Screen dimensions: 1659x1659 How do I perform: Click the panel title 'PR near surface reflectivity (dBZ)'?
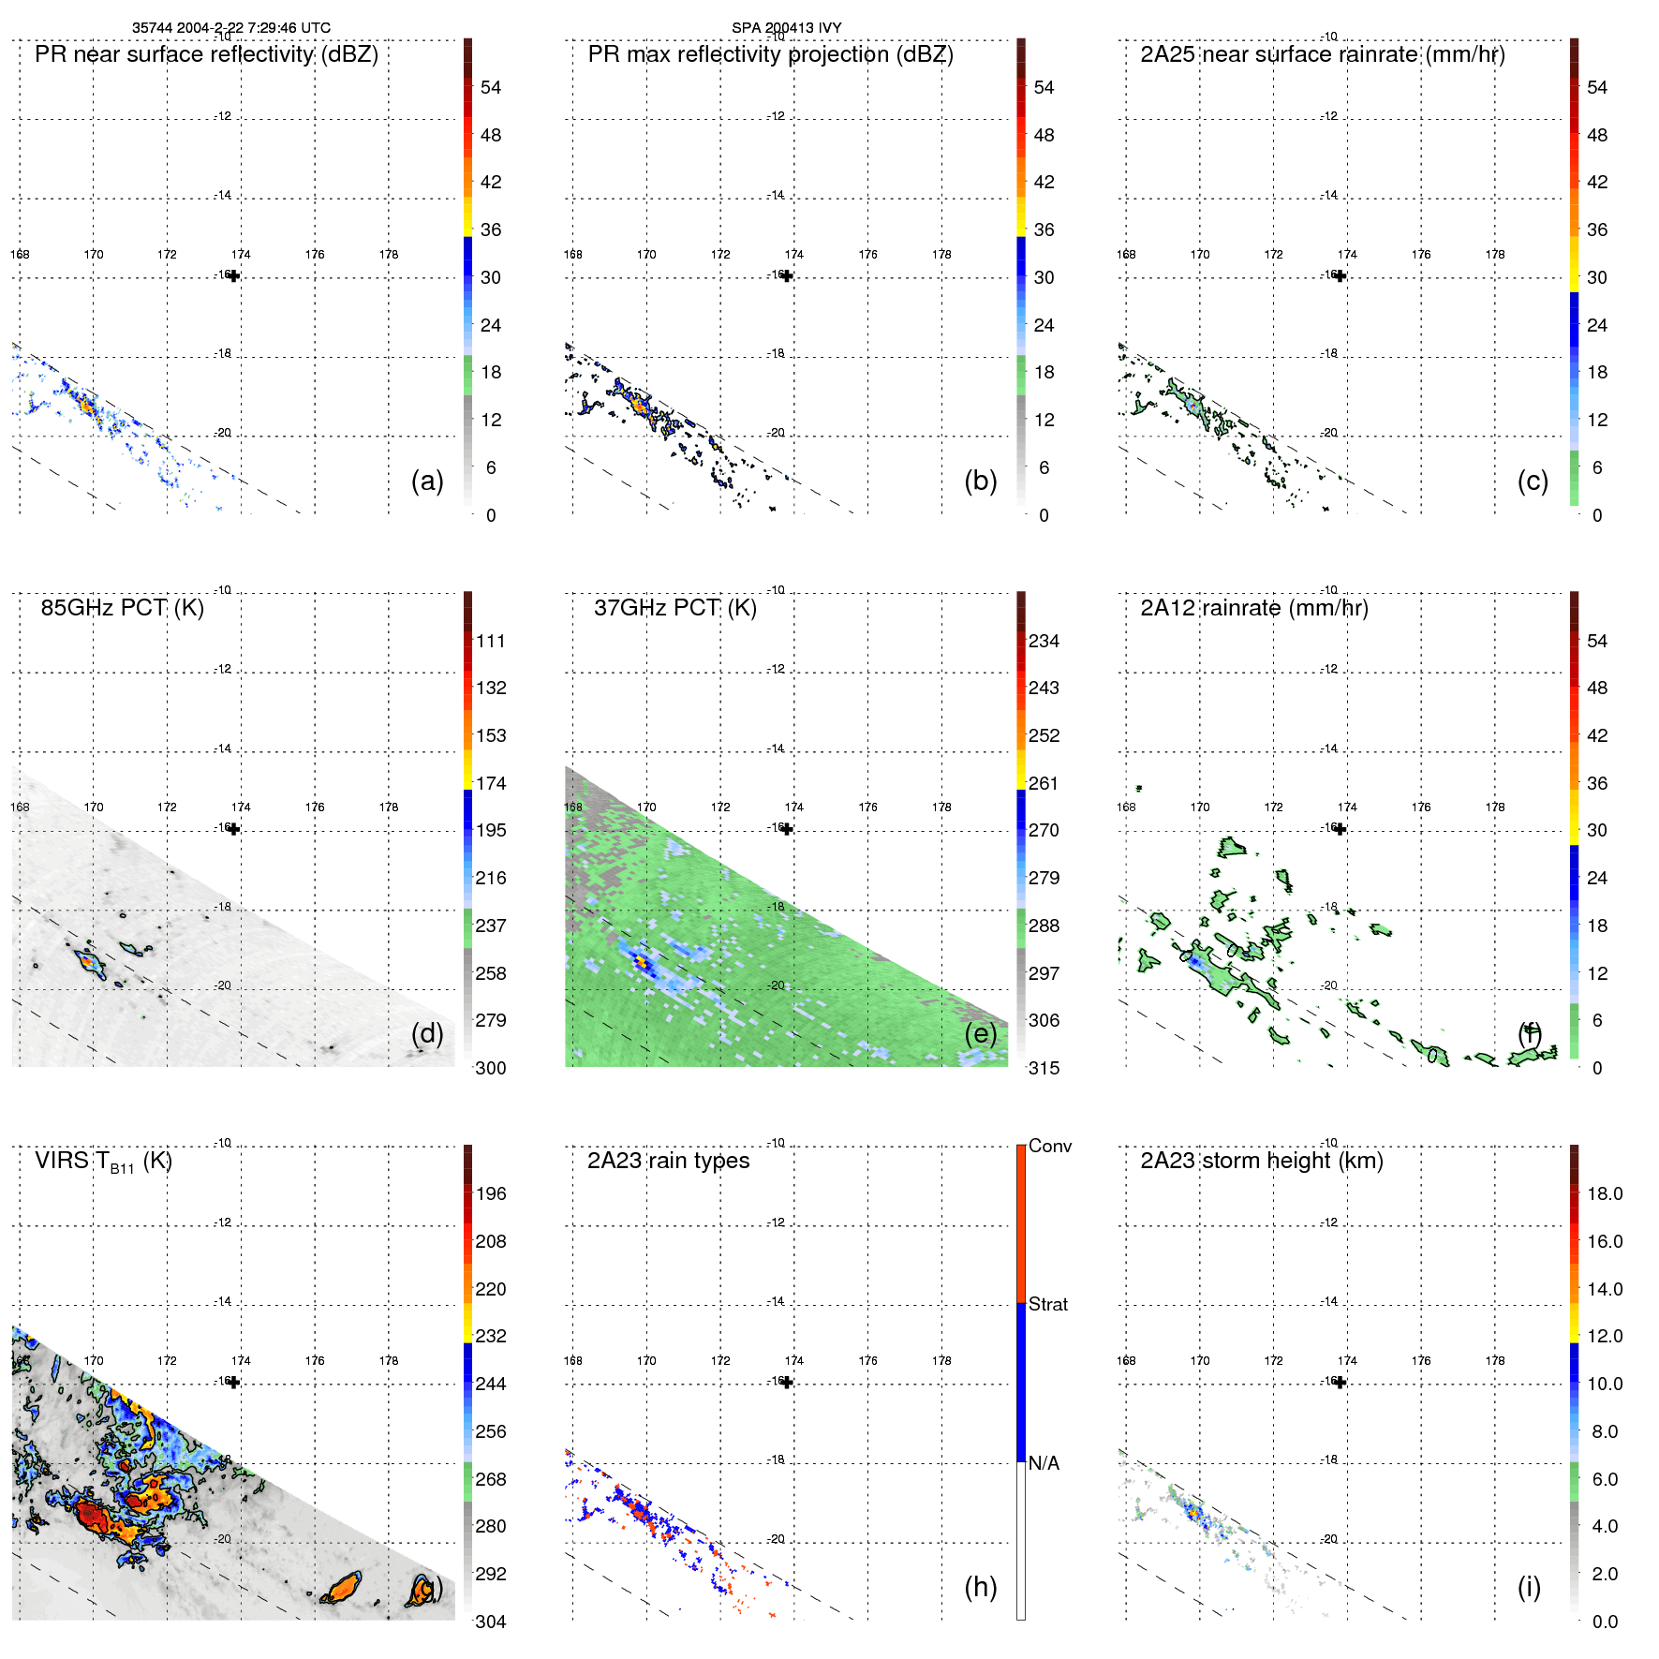206,54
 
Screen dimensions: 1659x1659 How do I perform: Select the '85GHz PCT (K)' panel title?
122,608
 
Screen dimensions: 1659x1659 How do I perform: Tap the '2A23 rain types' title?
668,1161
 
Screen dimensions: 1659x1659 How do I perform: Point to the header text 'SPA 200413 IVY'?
786,27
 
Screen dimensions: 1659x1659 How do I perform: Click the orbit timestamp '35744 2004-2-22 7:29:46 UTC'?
230,27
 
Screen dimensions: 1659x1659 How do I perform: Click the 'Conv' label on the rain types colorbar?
1049,1146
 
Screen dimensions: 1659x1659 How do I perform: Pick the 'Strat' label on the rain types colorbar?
1047,1304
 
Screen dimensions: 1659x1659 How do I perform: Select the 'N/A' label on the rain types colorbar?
1044,1463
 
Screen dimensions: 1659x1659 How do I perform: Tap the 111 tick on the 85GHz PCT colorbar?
490,641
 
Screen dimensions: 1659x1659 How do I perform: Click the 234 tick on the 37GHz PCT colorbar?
1044,641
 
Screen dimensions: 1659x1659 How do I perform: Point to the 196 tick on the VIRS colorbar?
490,1193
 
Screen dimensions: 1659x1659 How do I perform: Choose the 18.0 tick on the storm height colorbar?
1604,1193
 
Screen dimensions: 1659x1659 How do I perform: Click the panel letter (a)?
427,481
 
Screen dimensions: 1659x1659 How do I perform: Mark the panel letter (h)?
980,1587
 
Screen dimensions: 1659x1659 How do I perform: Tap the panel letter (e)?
980,1033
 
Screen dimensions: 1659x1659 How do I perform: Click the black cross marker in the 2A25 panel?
1341,275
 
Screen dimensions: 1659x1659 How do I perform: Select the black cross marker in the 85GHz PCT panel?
234,829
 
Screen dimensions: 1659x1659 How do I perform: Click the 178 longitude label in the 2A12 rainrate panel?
1495,807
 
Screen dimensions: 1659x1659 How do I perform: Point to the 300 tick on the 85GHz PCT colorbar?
490,1068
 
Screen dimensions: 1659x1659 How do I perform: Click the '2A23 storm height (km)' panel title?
1261,1161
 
